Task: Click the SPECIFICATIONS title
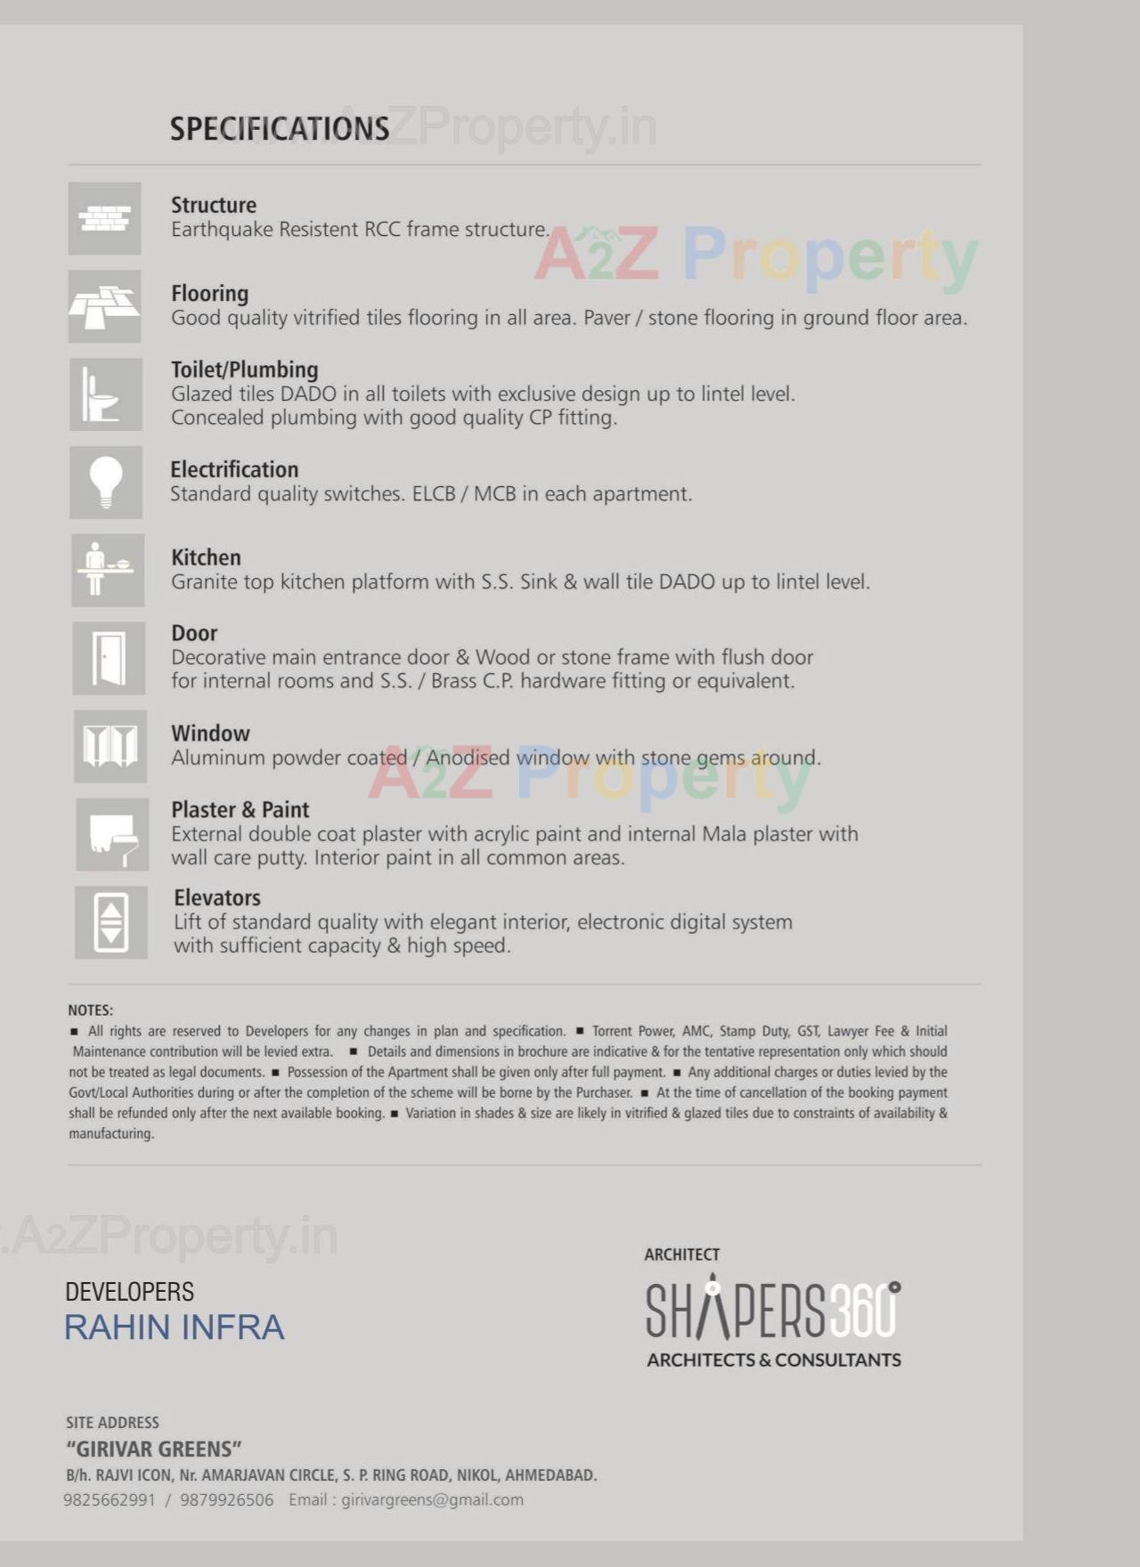click(280, 129)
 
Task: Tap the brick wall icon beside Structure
click(105, 218)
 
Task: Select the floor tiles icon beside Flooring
click(105, 306)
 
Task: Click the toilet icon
click(105, 394)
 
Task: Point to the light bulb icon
click(106, 482)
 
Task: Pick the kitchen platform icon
click(107, 570)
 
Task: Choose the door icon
click(109, 658)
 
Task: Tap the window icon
click(110, 746)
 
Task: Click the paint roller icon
click(112, 834)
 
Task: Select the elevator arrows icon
click(111, 922)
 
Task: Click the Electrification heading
click(234, 469)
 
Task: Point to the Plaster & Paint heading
click(240, 809)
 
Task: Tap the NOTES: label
click(91, 1011)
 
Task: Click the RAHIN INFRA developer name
click(175, 1327)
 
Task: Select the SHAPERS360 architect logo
click(773, 1311)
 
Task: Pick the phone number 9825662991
click(110, 1500)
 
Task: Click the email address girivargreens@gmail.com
click(433, 1500)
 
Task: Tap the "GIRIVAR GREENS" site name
click(154, 1449)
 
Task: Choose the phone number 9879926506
click(227, 1500)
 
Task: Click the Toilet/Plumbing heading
click(244, 369)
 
